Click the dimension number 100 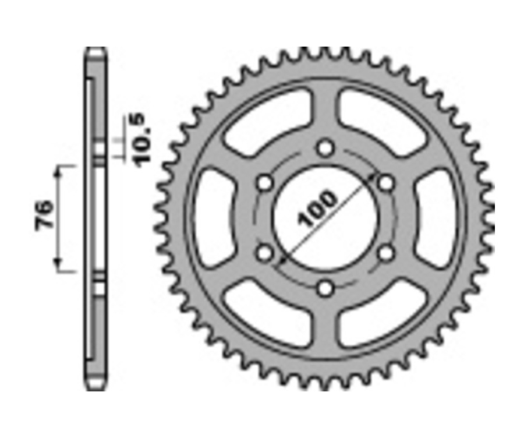point(317,209)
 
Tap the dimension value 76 point(45,216)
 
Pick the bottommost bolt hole point(325,287)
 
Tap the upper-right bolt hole point(385,183)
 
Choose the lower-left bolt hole point(265,253)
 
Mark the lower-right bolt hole point(385,253)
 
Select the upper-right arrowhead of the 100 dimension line point(373,176)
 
